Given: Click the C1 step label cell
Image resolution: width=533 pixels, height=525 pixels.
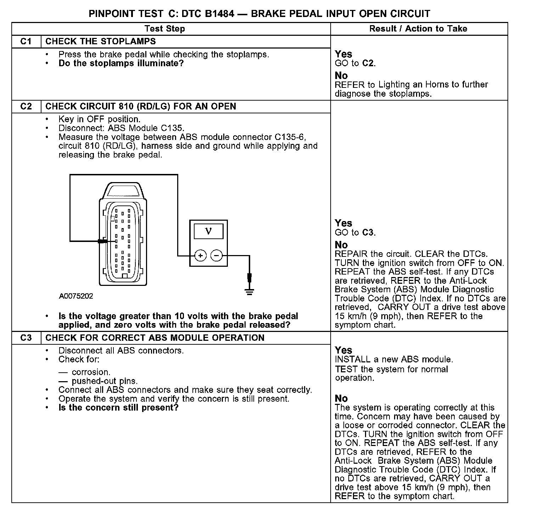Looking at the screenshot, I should pyautogui.click(x=26, y=41).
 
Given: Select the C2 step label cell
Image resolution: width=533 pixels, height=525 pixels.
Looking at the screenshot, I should pyautogui.click(x=26, y=107).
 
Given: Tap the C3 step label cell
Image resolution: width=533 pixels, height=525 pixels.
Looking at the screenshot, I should pyautogui.click(x=26, y=338).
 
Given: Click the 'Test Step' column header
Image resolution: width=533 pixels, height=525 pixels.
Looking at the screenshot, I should pyautogui.click(x=165, y=29).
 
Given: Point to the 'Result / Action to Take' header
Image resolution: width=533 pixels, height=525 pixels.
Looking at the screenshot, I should pyautogui.click(x=418, y=29).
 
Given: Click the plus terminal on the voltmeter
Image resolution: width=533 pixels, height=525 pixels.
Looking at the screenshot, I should pyautogui.click(x=201, y=255).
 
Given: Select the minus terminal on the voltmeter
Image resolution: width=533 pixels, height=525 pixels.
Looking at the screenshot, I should pyautogui.click(x=217, y=255).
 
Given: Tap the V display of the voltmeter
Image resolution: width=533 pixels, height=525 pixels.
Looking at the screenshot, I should pyautogui.click(x=208, y=232).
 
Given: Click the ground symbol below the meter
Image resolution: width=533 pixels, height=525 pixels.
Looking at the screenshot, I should pyautogui.click(x=249, y=292).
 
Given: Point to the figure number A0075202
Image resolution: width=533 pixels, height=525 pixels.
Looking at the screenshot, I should pyautogui.click(x=76, y=296).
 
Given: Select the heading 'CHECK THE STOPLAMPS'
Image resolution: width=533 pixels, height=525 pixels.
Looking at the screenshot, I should pyautogui.click(x=101, y=41).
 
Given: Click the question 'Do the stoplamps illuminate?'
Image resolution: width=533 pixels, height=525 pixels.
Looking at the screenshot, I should pyautogui.click(x=121, y=63).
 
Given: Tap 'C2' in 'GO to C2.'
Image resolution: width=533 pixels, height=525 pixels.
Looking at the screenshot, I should pyautogui.click(x=368, y=63).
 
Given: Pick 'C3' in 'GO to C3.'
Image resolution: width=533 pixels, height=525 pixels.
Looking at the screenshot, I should pyautogui.click(x=368, y=233).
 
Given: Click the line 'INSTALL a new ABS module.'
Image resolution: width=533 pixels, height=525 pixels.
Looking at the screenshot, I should pyautogui.click(x=394, y=360).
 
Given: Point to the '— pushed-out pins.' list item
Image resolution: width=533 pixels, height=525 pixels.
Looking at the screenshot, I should pyautogui.click(x=98, y=381).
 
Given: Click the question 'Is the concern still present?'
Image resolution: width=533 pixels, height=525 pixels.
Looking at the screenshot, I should pyautogui.click(x=118, y=408).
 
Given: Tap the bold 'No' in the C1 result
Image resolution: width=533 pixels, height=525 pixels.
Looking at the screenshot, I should pyautogui.click(x=341, y=76).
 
